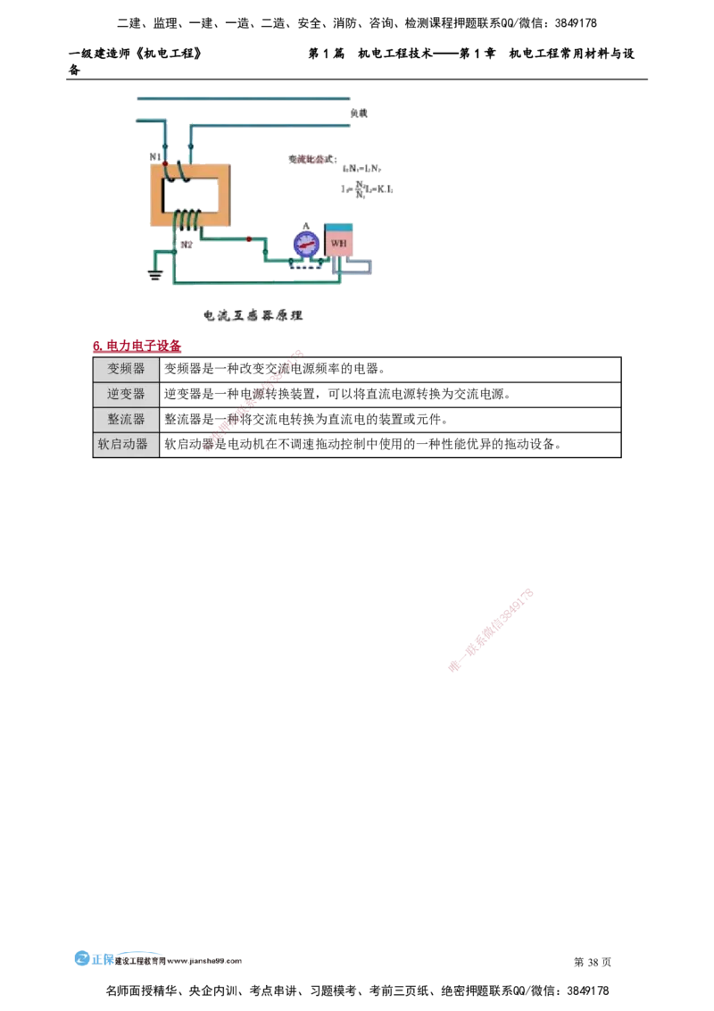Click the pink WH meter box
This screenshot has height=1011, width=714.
(x=339, y=242)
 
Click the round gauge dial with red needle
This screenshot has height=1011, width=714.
(x=306, y=244)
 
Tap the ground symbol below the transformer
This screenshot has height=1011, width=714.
(x=156, y=277)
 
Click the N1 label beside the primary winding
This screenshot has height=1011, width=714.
(x=154, y=158)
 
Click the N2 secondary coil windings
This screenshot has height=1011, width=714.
(x=187, y=219)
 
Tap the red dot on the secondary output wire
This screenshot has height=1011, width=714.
(x=248, y=238)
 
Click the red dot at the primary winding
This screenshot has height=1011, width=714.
(x=164, y=164)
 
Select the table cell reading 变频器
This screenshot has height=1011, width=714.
(x=126, y=369)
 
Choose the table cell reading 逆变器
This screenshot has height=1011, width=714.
(x=126, y=394)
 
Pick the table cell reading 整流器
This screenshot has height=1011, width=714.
(x=126, y=419)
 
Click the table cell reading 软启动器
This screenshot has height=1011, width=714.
(x=126, y=444)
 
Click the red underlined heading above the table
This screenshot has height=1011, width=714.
(x=138, y=346)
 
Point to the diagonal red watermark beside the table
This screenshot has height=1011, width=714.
(x=254, y=402)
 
